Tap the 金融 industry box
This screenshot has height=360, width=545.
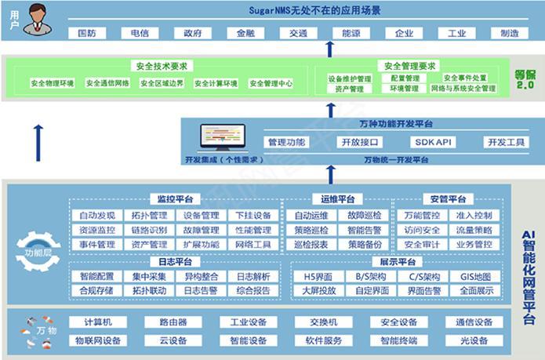[241, 34]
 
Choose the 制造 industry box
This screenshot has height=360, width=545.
[509, 34]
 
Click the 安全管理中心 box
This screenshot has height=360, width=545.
[271, 83]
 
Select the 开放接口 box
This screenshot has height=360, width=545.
[360, 142]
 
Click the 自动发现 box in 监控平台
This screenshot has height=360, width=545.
[97, 216]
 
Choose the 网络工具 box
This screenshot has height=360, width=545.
[253, 245]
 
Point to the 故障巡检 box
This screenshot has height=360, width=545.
[365, 216]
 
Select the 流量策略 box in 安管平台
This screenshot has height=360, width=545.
[474, 230]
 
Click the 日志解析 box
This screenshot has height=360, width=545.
[253, 277]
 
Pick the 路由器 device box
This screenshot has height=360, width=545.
[173, 322]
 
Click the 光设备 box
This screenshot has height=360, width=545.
[474, 341]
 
